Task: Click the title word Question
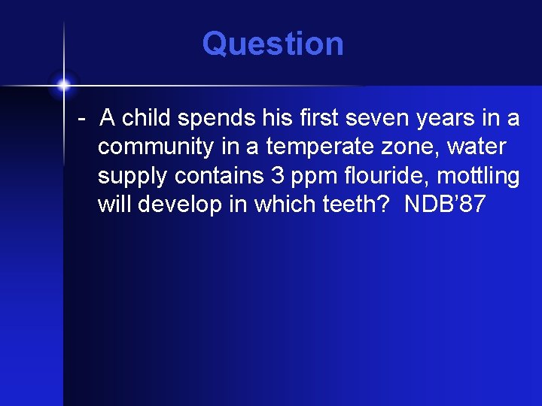coord(273,44)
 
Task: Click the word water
coord(476,147)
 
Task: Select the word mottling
coord(479,177)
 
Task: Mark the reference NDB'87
coord(444,205)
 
